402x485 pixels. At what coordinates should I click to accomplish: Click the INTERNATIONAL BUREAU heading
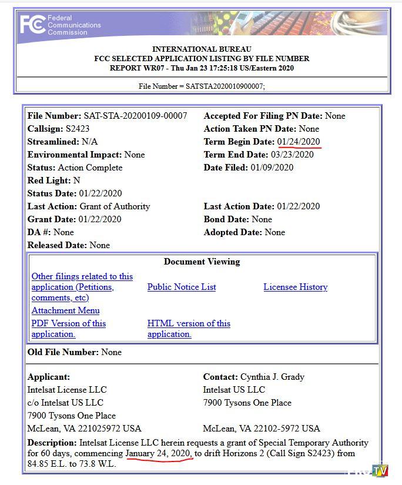pos(202,49)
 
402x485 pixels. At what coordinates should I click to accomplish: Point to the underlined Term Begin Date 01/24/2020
pos(299,142)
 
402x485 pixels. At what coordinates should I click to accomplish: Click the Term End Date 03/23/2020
pos(292,155)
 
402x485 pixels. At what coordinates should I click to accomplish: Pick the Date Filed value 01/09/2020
pos(272,168)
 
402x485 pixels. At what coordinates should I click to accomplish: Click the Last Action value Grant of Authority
pos(115,206)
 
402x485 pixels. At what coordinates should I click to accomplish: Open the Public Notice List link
pos(182,287)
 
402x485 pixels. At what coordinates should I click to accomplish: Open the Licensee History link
pos(295,287)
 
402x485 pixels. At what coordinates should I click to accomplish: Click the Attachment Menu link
pos(65,310)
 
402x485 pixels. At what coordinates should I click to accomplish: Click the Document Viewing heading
pos(202,262)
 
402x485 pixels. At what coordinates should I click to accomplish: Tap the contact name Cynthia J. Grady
pos(272,377)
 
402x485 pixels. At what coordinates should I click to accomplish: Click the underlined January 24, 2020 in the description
pos(158,454)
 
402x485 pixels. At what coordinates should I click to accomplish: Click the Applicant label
pos(48,377)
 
